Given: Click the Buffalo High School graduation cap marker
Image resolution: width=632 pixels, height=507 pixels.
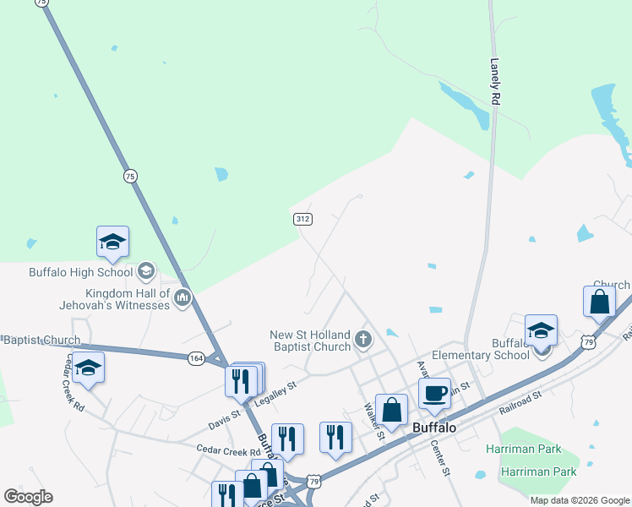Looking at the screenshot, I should pos(112,243).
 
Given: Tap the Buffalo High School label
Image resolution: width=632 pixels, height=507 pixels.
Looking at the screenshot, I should pos(80,272).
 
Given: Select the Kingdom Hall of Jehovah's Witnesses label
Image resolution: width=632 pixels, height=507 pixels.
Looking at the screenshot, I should pos(114,297).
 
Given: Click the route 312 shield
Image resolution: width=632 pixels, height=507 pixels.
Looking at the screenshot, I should pos(303,219).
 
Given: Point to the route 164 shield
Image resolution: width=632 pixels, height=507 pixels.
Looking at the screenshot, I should pos(196,358).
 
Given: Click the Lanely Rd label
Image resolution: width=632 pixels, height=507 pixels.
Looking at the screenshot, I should pos(496,81).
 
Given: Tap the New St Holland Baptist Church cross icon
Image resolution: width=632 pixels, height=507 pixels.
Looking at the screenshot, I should pos(364,340).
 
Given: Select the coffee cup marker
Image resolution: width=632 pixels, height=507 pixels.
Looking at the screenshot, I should pos(434,393).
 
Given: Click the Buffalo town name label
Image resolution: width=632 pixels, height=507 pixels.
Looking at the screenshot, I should pos(434,428).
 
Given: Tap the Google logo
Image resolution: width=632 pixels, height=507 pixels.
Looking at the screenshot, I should pos(28,496).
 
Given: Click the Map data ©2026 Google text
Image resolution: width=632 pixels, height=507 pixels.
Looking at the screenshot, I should pos(580,500).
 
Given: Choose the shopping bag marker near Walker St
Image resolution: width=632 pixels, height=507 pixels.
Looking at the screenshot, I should pos(392,410).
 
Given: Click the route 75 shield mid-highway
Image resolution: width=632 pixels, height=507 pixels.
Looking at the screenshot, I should pos(129,176).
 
